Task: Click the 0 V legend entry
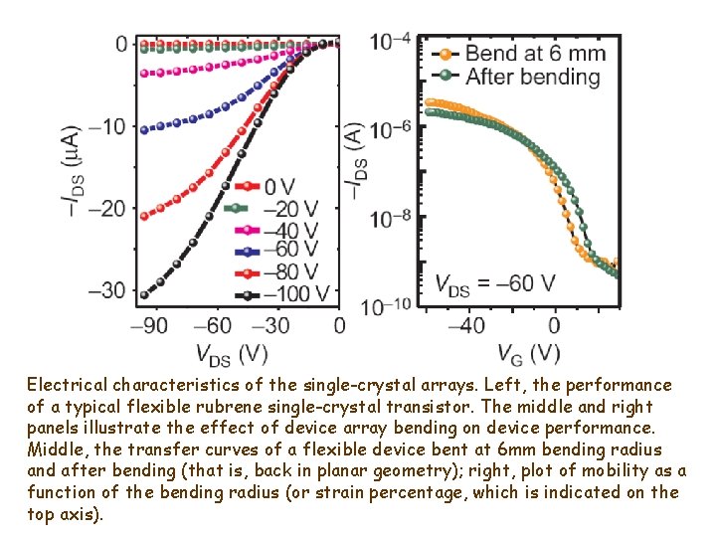(268, 187)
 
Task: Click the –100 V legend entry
(284, 293)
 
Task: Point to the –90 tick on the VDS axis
(152, 326)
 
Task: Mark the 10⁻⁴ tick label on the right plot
(391, 43)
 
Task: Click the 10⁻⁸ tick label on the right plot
(391, 217)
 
